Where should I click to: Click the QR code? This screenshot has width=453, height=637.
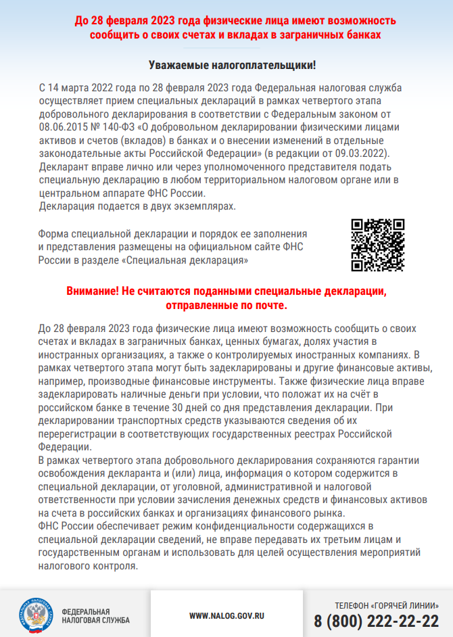point(378,244)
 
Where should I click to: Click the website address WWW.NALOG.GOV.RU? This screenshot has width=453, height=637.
point(226,616)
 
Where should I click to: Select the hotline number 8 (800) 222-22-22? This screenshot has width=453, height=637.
point(376,621)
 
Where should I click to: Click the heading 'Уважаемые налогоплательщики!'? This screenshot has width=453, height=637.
point(232,66)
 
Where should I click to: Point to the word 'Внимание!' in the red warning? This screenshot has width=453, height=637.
point(91,291)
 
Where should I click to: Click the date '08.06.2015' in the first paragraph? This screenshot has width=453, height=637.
point(62,126)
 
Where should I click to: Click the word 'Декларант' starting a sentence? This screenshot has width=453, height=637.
point(62,166)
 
